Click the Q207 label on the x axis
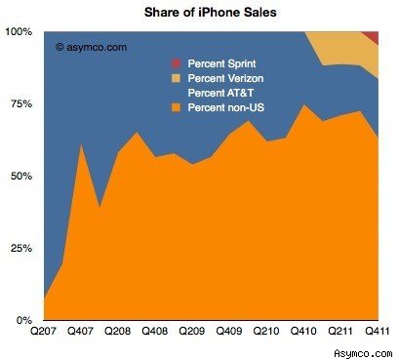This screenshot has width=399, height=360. [x=44, y=333]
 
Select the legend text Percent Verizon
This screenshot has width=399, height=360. [x=226, y=77]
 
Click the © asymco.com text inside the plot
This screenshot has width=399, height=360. [x=93, y=45]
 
